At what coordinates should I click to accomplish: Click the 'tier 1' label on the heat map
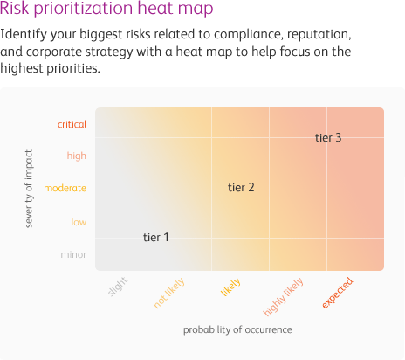click(x=156, y=238)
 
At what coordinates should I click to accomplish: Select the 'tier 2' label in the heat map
click(x=241, y=188)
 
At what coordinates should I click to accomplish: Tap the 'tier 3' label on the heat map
click(x=328, y=138)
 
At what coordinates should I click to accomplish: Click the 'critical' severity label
click(x=72, y=124)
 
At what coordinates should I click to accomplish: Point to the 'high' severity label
click(x=77, y=156)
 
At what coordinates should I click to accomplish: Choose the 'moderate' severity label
click(x=65, y=188)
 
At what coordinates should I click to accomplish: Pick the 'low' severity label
click(x=79, y=222)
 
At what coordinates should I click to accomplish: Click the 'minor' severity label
click(x=73, y=254)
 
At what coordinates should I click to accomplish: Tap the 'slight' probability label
click(x=117, y=287)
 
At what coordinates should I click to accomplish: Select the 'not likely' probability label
click(x=169, y=293)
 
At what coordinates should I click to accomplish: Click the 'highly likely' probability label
click(x=283, y=297)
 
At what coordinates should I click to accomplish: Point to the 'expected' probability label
click(x=338, y=293)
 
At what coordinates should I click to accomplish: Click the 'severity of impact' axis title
click(x=29, y=189)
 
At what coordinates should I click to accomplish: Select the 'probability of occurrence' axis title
click(x=237, y=329)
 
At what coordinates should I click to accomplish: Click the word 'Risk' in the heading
click(x=15, y=8)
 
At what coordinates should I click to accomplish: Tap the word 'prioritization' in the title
click(x=83, y=9)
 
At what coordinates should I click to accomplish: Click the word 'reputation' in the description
click(x=319, y=35)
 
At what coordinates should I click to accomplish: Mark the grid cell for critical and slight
click(x=125, y=122)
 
